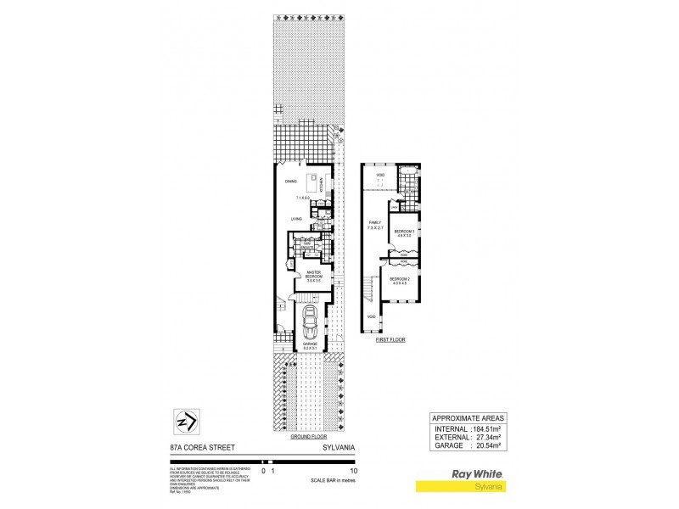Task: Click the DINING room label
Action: coord(290,181)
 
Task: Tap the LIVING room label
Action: coord(296,219)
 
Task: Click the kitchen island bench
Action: coord(313,180)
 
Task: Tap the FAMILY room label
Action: coord(375,222)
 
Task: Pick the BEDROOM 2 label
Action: coord(400,279)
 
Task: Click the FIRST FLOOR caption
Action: coord(391,338)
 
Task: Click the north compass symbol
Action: coord(187,422)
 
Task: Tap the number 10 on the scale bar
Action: coord(354,469)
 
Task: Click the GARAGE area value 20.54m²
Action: coord(486,445)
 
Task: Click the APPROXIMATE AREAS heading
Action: coord(469,418)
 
